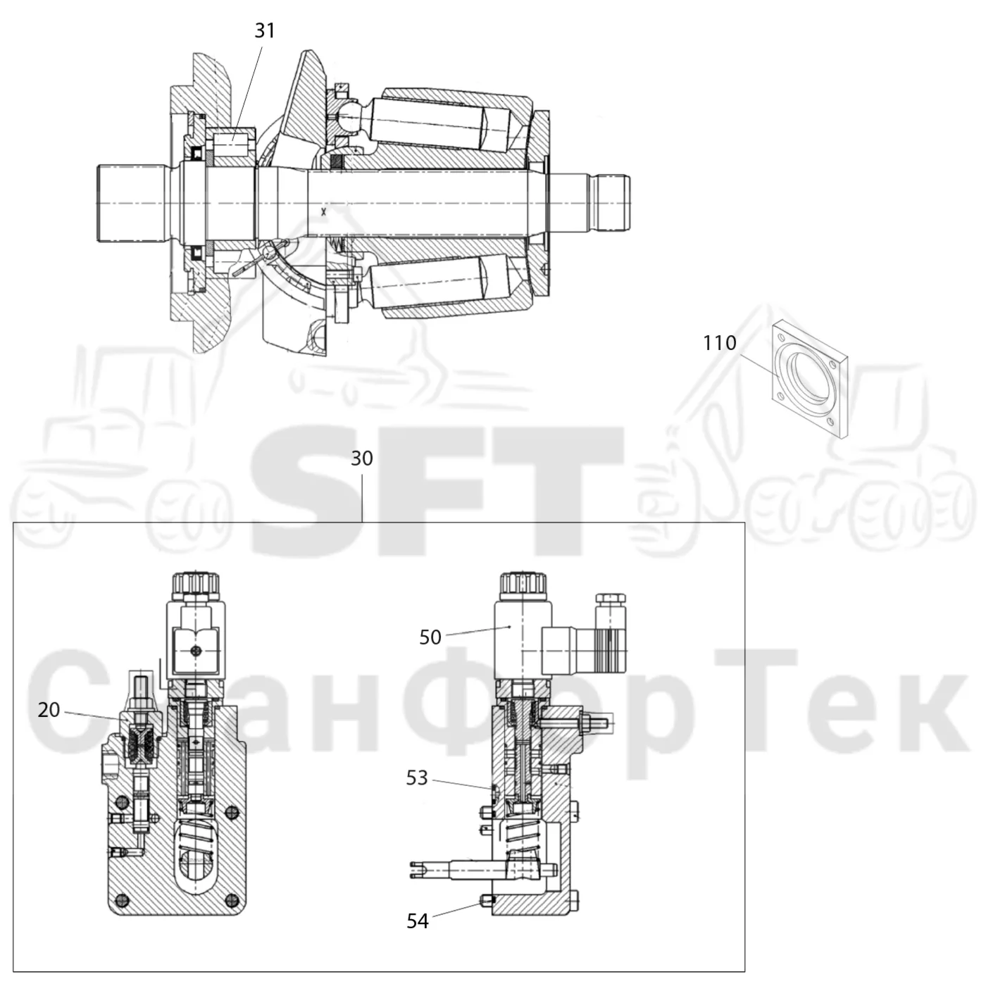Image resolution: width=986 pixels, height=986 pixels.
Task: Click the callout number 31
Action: [x=265, y=31]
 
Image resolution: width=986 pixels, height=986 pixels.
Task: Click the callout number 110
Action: [x=719, y=343]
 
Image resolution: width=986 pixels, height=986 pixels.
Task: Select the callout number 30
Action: [x=362, y=458]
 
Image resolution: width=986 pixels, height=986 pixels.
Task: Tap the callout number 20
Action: [x=49, y=710]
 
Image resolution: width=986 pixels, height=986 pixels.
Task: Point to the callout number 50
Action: [x=430, y=637]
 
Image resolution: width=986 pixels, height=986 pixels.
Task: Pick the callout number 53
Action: [x=416, y=778]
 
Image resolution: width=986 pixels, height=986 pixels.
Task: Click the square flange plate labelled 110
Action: [x=809, y=380]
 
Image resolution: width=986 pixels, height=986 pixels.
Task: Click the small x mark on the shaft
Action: [x=323, y=212]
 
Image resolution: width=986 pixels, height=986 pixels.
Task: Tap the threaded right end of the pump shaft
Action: [x=611, y=203]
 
